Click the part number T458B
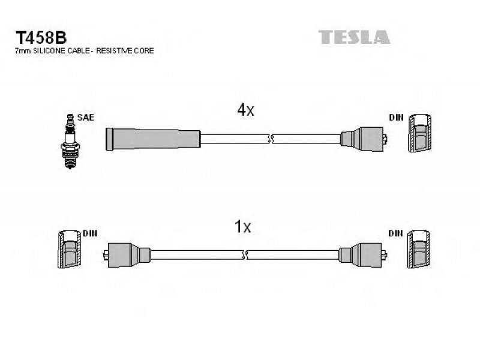coord(41,38)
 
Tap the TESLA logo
coord(354,37)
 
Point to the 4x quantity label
coord(245,110)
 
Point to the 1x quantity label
coord(242,227)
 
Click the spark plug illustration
coord(70,141)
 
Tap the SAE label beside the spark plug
coord(85,118)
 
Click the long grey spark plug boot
coord(153,139)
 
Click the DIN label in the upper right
coord(396,118)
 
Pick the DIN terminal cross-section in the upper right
coord(419,133)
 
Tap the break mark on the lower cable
coord(245,254)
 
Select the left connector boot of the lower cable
coord(127,255)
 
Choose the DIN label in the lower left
coord(90,233)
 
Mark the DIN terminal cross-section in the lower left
coord(70,249)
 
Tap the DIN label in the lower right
coord(395,233)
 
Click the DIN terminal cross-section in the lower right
coord(418,249)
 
